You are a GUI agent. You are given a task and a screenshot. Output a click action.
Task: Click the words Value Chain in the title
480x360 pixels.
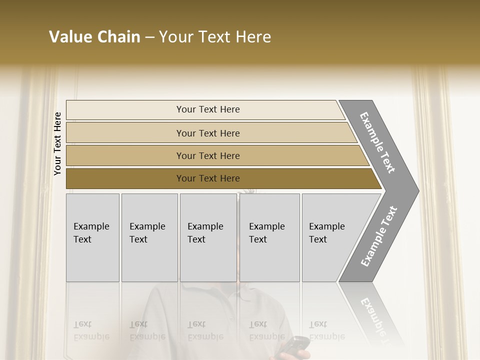coord(94,37)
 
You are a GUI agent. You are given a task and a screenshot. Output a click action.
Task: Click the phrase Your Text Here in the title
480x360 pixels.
coord(215,37)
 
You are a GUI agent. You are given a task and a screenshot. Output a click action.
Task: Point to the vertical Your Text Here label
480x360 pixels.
coord(57,143)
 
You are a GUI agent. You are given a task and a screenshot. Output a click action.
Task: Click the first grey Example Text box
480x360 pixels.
coord(92,237)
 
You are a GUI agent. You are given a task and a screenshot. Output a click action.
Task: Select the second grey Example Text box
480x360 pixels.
coord(149,237)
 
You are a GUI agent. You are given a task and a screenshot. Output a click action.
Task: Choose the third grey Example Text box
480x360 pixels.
coord(208,237)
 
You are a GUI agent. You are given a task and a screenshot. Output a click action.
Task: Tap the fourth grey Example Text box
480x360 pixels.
coord(269,237)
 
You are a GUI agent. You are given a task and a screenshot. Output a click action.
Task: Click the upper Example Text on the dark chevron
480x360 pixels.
coord(377,142)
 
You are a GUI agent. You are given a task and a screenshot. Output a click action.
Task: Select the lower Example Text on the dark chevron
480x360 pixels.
coord(378,236)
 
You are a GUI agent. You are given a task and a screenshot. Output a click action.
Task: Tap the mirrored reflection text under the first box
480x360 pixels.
coord(91,330)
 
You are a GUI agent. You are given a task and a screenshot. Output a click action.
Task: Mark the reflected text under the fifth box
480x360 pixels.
coord(326,330)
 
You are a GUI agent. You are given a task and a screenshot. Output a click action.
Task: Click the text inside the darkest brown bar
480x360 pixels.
coord(208,178)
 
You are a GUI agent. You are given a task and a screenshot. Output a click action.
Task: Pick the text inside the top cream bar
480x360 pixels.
coord(208,109)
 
